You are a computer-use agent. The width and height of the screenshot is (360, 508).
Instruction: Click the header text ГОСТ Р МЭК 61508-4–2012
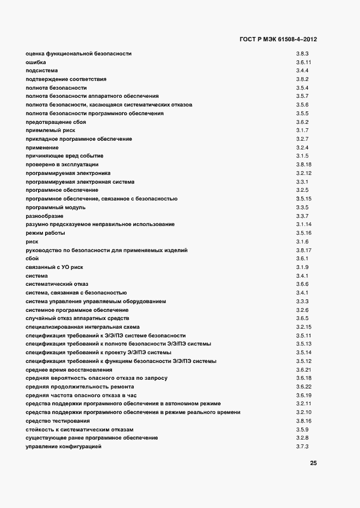point(278,39)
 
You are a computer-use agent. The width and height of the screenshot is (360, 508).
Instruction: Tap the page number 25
point(313,463)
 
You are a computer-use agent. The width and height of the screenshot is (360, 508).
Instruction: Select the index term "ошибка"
point(35,62)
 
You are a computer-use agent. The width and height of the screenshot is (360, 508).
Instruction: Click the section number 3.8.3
point(302,53)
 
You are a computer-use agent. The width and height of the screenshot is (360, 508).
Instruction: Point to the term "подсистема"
point(41,71)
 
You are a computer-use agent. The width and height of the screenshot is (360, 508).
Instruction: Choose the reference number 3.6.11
point(303,62)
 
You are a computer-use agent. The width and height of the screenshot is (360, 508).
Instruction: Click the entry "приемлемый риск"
point(50,130)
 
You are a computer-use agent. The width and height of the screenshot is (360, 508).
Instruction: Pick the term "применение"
point(42,148)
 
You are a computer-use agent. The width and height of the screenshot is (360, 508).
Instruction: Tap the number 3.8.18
point(303,165)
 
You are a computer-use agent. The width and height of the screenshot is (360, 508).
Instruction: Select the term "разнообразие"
point(45,216)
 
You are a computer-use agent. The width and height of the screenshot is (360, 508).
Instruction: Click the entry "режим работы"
point(45,233)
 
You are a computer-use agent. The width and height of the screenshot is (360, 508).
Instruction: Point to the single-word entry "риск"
point(32,242)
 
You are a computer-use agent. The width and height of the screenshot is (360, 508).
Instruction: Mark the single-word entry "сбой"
point(32,259)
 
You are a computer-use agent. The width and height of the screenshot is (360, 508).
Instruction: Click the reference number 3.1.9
point(302,267)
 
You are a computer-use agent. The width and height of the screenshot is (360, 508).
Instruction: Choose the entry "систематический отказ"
point(57,284)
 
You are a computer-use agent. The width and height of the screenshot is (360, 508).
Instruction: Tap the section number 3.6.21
point(303,369)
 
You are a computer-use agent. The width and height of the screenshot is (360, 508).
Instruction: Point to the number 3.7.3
point(302,447)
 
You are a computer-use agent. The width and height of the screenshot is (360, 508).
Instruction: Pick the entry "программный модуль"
point(55,208)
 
